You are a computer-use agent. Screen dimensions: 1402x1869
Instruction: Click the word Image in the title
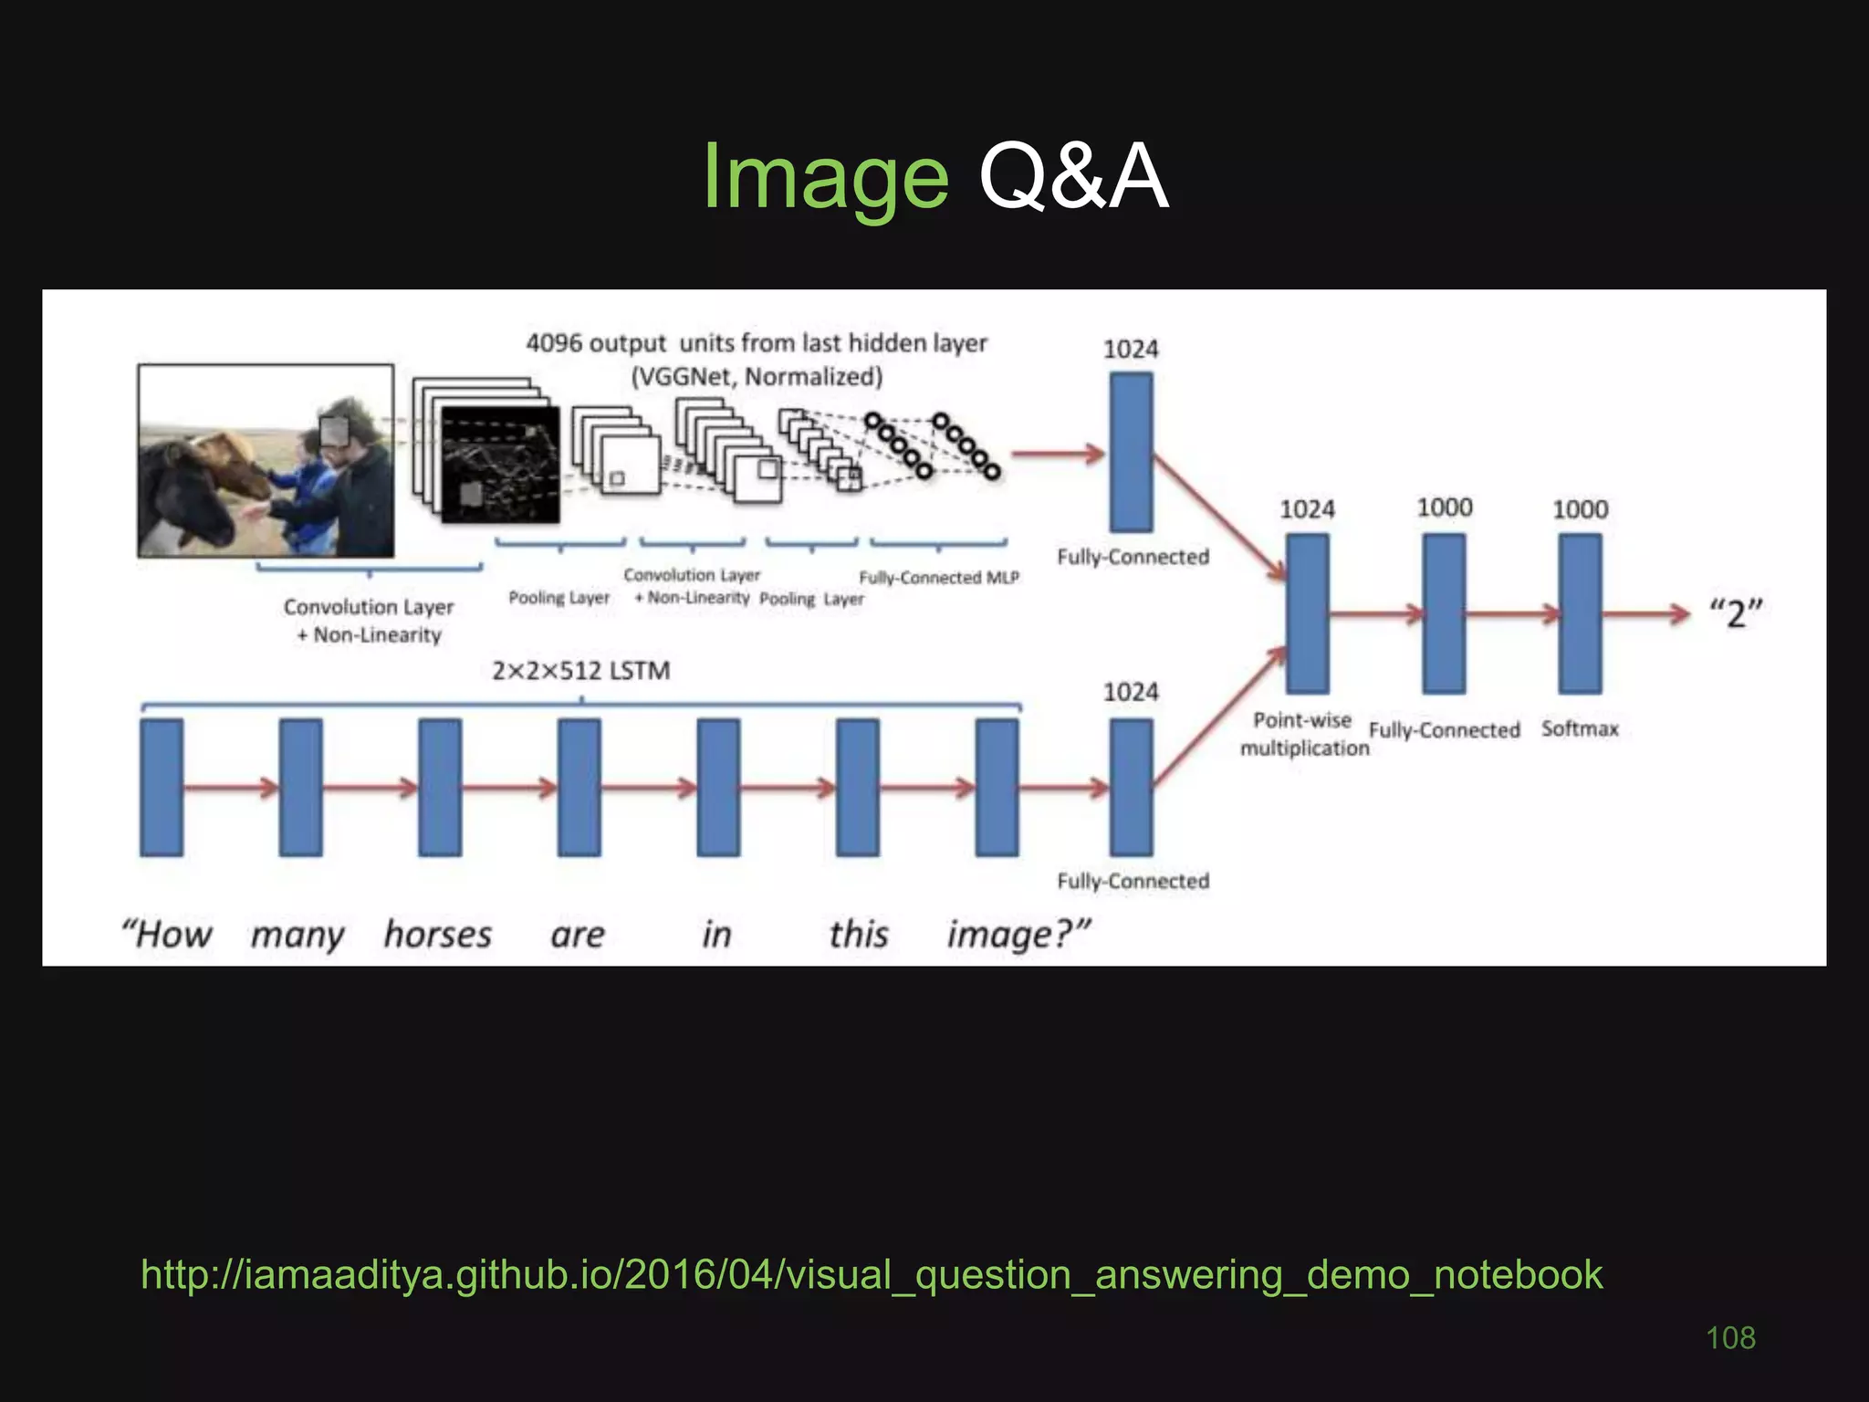coord(826,178)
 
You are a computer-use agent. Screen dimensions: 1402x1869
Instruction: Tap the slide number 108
coord(1730,1338)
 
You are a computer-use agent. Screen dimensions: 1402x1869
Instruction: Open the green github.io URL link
coord(872,1274)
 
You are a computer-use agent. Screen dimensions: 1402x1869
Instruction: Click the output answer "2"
coord(1735,613)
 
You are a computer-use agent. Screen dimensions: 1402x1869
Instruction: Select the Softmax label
coord(1580,728)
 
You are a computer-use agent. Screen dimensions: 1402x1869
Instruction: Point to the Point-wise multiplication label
coord(1304,734)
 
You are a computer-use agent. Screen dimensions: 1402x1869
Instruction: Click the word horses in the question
coord(437,935)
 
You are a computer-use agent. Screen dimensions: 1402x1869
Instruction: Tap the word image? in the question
coord(1018,935)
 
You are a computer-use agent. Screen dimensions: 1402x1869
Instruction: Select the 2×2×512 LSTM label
coord(581,671)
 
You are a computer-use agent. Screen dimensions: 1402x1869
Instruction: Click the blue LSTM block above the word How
coord(162,788)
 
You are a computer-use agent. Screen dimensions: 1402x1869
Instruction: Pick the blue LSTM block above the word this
coord(858,788)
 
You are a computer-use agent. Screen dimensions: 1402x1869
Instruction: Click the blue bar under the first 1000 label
coord(1444,613)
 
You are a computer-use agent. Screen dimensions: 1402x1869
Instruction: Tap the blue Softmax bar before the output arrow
coord(1580,613)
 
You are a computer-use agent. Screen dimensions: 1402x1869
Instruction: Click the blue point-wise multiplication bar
coord(1307,613)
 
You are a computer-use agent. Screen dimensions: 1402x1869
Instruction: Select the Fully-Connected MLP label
coord(938,578)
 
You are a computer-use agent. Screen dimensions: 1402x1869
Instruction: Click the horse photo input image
coord(266,461)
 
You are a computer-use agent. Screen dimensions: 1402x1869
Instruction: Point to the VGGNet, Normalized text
coord(757,376)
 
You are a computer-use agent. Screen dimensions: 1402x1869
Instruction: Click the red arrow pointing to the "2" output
coord(1647,613)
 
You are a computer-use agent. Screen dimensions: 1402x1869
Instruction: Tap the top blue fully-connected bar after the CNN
coord(1131,453)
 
